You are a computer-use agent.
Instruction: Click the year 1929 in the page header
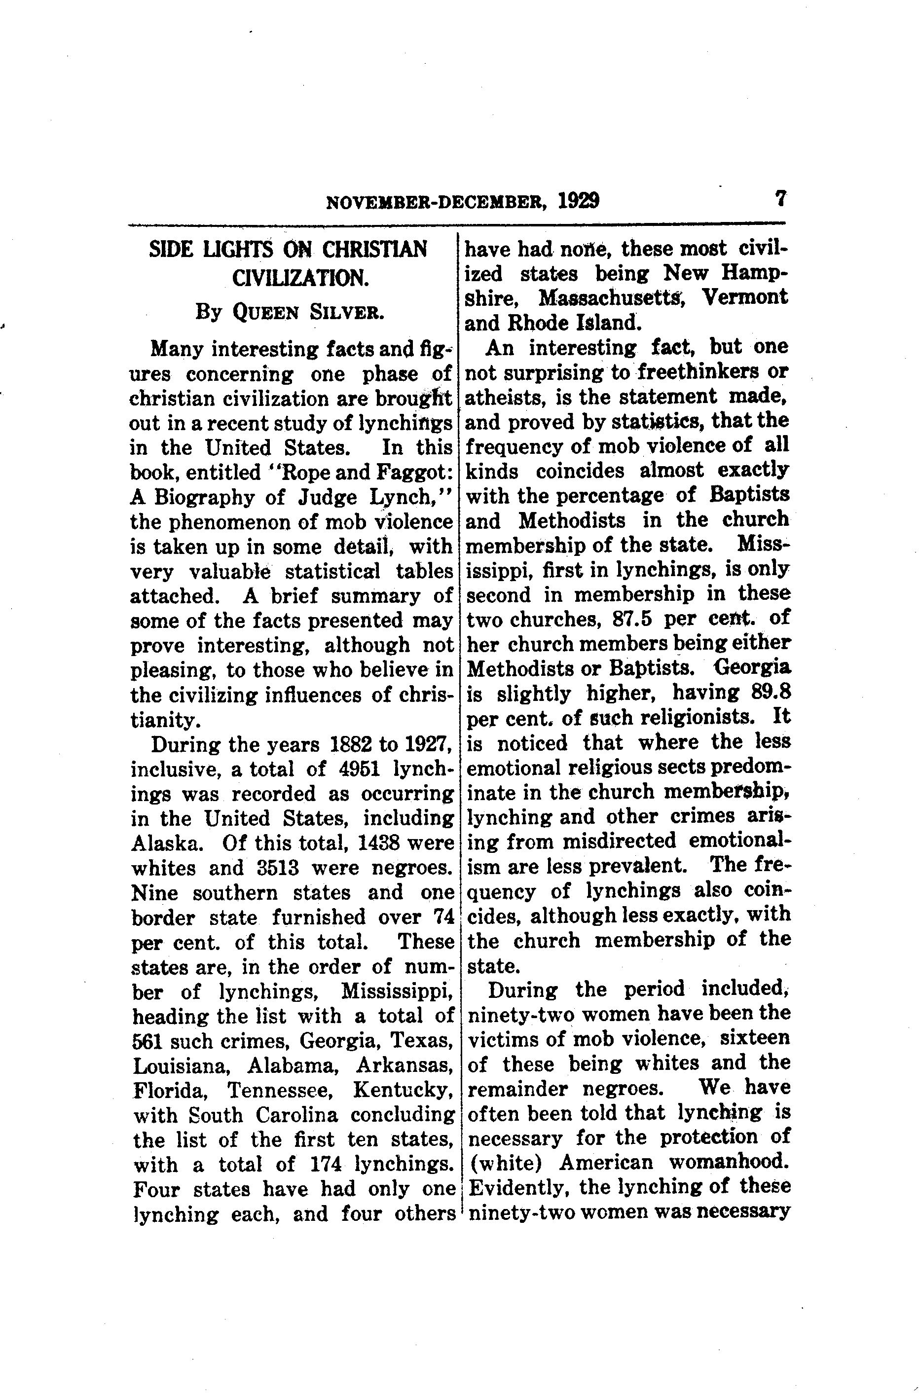579,201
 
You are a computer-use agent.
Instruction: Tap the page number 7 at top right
779,198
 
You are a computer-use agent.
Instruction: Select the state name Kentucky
404,1090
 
